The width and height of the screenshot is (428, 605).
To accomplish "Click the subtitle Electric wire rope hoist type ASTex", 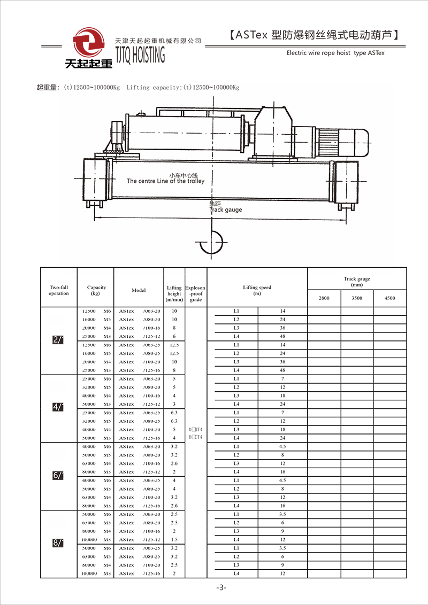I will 335,53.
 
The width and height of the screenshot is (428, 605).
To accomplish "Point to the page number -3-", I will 221,587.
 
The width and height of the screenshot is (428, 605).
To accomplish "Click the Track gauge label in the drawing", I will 226,210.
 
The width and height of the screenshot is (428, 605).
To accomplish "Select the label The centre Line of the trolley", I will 165,181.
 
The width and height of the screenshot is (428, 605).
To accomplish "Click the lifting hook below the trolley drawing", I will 211,244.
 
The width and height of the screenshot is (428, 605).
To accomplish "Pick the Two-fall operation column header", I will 59,290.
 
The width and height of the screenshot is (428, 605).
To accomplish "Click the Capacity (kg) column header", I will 96,290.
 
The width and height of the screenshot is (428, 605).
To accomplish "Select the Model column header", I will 139,290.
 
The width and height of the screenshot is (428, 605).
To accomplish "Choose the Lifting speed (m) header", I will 257,290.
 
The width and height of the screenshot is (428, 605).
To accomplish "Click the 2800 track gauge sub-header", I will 324,298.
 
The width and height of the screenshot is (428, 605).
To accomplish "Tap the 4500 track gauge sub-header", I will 389,298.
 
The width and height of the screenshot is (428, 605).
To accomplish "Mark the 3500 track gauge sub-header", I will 357,298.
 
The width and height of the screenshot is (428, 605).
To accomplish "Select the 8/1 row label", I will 58,543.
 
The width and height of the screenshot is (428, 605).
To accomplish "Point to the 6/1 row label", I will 58,475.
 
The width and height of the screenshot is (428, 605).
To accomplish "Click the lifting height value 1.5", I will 174,540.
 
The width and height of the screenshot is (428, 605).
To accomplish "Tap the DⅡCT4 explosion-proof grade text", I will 196,437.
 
